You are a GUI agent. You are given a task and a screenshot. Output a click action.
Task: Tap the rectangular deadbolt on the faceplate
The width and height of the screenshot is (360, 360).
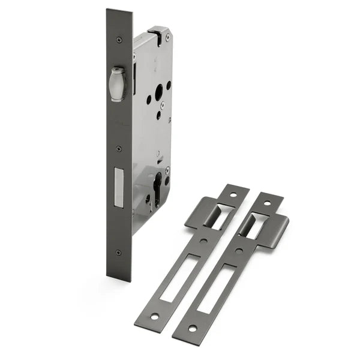(119, 188)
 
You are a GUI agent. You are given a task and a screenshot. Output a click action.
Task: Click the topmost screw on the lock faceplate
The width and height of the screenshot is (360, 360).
(119, 40)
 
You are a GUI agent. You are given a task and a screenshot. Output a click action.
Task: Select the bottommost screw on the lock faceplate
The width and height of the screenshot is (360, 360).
(119, 252)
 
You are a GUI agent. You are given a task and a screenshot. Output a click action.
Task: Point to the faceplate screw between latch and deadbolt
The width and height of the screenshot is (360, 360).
(119, 148)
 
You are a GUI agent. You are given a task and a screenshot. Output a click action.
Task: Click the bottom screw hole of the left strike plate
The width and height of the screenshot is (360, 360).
(155, 316)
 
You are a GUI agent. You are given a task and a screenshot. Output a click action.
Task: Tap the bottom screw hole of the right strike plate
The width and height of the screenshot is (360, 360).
(192, 328)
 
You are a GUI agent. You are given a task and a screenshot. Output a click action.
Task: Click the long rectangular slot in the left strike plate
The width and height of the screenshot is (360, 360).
(180, 278)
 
